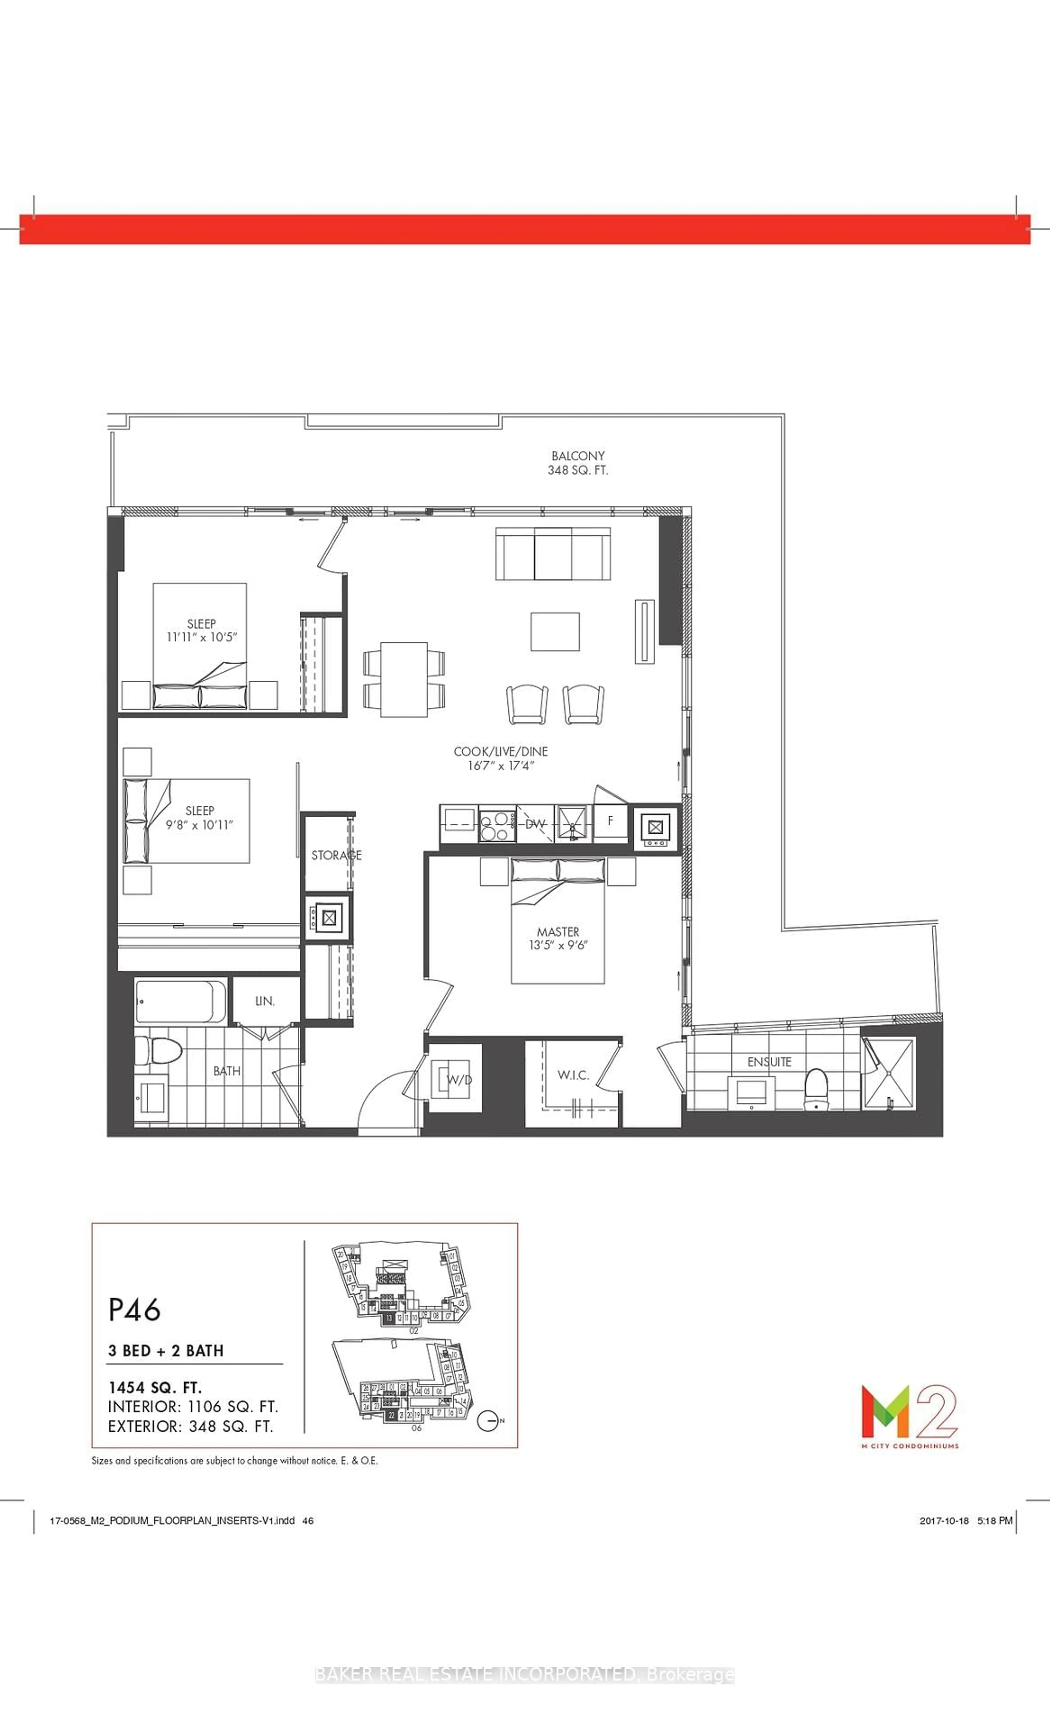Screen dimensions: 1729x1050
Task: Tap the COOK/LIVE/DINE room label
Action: coord(500,751)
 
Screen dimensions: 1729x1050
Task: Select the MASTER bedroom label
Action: coord(558,932)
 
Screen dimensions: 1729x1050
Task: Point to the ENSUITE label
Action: coord(769,1062)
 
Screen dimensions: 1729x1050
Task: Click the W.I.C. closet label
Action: coord(573,1076)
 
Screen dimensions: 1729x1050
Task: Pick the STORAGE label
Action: coord(336,855)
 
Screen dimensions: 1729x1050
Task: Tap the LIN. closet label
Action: coord(265,1001)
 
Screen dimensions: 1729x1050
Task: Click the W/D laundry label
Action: coord(460,1080)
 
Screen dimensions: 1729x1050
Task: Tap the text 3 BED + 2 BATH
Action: coord(166,1351)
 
